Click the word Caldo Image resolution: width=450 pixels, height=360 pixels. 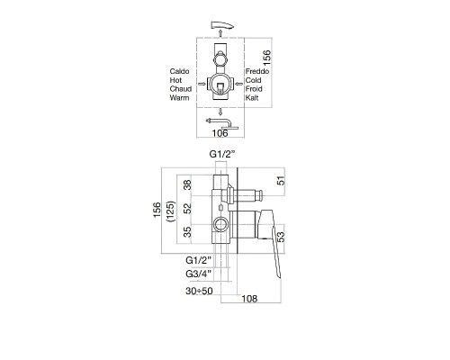[179, 71]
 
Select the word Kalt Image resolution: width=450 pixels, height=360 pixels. [252, 98]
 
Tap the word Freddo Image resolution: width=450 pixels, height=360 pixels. [257, 71]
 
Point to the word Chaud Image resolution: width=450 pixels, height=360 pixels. [181, 89]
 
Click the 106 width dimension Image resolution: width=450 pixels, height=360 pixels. [220, 133]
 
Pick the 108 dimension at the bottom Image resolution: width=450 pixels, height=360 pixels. [249, 299]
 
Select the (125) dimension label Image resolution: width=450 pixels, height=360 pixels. [171, 211]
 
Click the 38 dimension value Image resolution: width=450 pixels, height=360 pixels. [187, 184]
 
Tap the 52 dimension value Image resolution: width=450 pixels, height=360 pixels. [187, 208]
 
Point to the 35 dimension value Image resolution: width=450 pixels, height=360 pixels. [187, 232]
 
